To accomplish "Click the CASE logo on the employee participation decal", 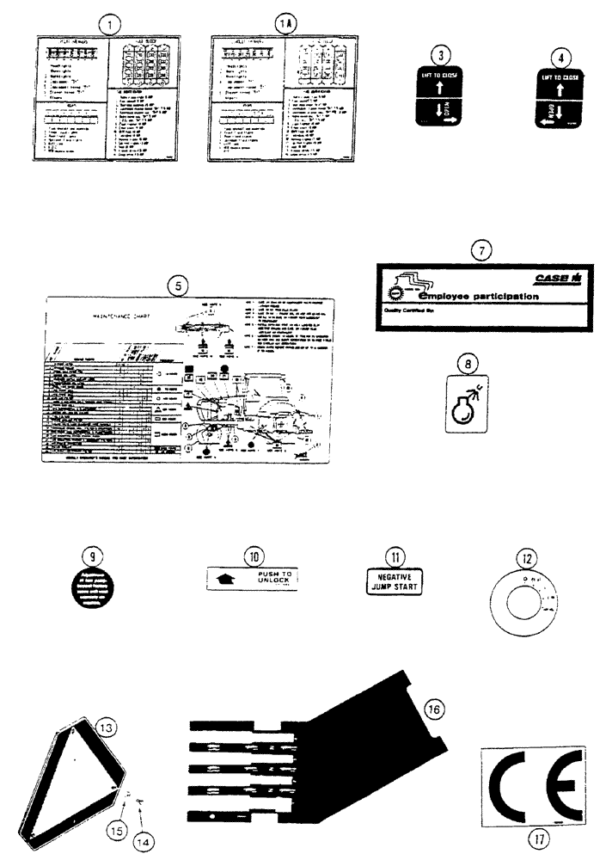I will pyautogui.click(x=556, y=278).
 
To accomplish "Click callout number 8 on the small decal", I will pyautogui.click(x=465, y=365).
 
